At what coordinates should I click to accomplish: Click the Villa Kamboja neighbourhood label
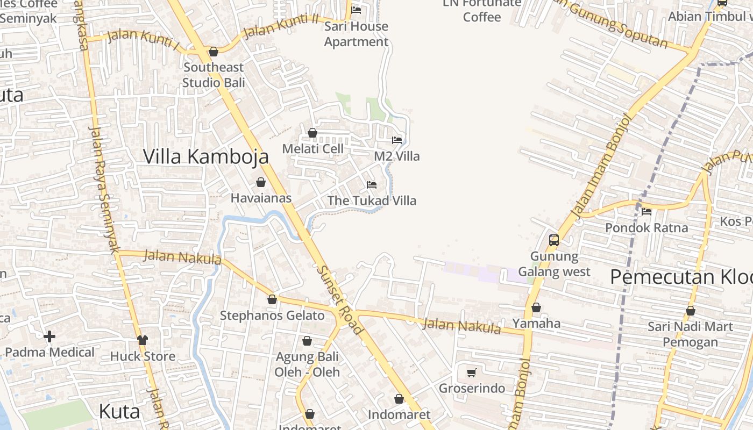(206, 156)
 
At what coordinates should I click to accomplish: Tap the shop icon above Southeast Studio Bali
(214, 52)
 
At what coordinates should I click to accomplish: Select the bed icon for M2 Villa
(397, 140)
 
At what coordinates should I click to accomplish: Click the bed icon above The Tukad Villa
(372, 185)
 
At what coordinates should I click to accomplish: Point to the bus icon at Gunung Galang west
(554, 240)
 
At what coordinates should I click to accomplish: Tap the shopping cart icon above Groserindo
(472, 372)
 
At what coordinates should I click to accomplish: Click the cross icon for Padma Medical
(49, 337)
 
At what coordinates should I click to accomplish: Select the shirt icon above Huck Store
(143, 340)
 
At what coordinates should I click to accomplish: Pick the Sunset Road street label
(339, 300)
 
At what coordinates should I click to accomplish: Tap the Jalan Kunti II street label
(281, 26)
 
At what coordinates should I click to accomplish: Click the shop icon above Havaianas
(261, 183)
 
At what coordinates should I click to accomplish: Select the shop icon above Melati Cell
(312, 133)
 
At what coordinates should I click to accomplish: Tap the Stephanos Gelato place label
(272, 316)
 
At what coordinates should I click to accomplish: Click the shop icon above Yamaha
(536, 308)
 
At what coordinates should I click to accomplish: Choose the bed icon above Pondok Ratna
(647, 212)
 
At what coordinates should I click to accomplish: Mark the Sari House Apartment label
(356, 34)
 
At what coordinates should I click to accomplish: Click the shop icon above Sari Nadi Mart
(691, 311)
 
